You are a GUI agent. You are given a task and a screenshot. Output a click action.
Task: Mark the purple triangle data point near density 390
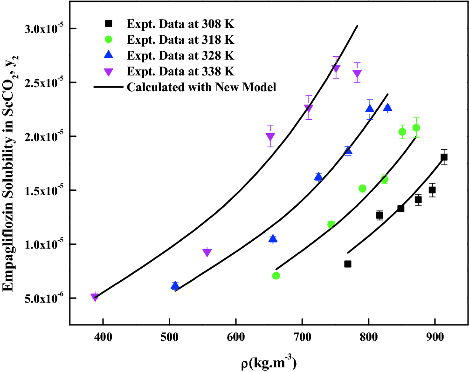[95, 297]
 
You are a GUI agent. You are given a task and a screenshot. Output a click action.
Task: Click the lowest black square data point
[348, 264]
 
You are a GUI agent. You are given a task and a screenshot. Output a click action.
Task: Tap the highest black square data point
[444, 157]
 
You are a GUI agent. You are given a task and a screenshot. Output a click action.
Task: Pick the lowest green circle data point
[276, 276]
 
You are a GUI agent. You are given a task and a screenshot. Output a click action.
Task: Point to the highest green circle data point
[416, 128]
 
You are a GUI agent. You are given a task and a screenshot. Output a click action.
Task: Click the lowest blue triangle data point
[175, 285]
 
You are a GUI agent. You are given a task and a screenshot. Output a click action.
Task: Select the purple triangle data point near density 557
[207, 252]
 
